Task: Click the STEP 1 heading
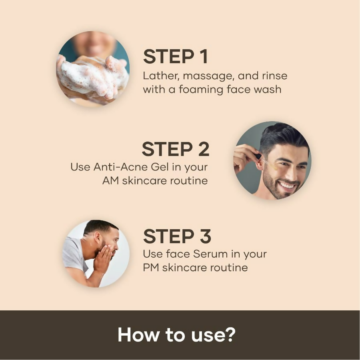click(x=176, y=57)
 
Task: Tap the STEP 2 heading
click(x=176, y=149)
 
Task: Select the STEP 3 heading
click(x=177, y=236)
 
